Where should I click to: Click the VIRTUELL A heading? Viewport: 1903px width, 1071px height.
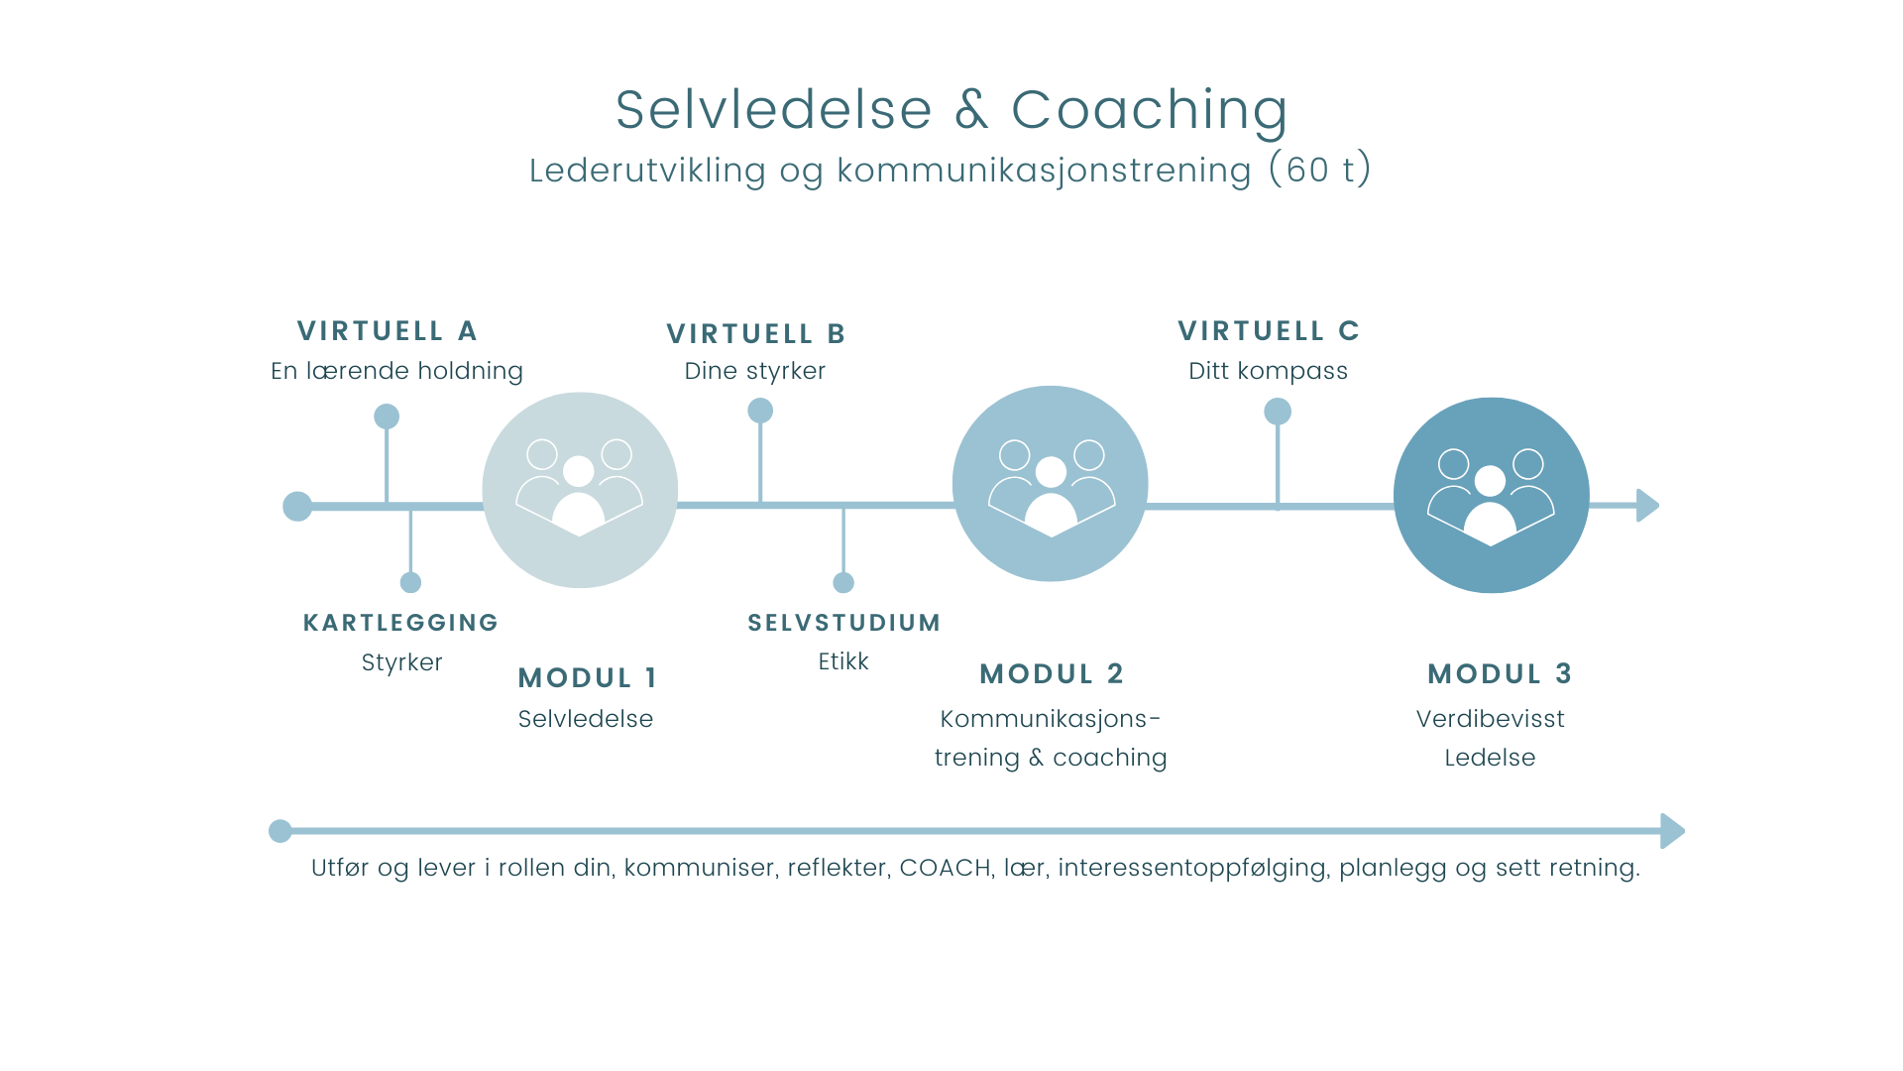click(x=388, y=331)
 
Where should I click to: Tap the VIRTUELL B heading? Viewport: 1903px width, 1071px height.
click(x=755, y=334)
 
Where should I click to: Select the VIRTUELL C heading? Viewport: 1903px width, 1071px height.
click(x=1269, y=331)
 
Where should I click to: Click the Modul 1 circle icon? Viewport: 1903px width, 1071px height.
click(x=580, y=490)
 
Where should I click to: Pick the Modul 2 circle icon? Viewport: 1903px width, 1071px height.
click(x=1051, y=484)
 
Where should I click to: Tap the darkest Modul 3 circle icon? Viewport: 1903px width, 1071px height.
click(x=1491, y=496)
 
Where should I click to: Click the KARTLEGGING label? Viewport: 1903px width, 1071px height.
click(x=400, y=623)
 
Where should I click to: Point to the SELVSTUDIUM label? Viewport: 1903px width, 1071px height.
click(x=843, y=623)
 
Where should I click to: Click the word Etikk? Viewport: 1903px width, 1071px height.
click(x=843, y=661)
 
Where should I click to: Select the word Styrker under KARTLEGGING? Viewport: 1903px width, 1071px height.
click(x=401, y=662)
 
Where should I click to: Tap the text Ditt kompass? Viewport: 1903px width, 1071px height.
click(x=1268, y=371)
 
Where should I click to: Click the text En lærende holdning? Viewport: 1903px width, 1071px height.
click(x=396, y=371)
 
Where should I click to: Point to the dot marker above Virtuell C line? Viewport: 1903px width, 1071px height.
click(x=1278, y=412)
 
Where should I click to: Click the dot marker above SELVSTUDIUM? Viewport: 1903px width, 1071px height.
click(x=843, y=582)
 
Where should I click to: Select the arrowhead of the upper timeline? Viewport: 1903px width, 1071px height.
click(x=1647, y=506)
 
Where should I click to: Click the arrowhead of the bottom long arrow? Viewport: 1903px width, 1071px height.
click(x=1672, y=831)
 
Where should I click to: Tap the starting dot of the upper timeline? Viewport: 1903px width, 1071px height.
click(x=297, y=507)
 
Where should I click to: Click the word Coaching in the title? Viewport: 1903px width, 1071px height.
click(x=1149, y=109)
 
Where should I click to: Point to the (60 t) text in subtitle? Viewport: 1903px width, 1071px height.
click(x=1320, y=170)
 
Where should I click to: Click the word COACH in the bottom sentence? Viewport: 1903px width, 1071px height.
click(x=945, y=868)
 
